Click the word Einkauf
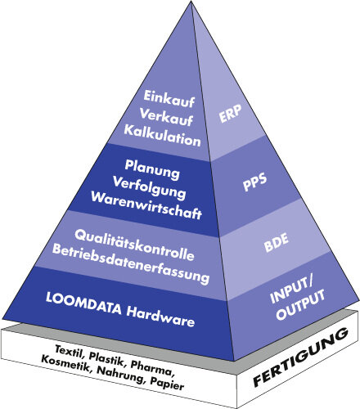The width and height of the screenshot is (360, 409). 169,99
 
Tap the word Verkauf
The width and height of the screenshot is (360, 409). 166,117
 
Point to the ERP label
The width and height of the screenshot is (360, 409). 231,114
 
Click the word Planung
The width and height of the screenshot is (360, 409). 152,169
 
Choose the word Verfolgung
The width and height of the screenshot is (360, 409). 150,187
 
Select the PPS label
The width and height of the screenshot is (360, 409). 254,182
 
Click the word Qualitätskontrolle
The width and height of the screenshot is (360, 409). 135,245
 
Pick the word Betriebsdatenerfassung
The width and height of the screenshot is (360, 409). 131,264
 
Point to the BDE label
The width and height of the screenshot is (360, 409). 277,242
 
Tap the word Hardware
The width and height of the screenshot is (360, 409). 160,317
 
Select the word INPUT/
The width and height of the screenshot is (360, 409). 290,290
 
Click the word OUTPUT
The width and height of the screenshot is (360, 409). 300,304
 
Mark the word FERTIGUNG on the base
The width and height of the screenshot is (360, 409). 300,357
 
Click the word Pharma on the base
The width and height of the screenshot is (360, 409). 151,368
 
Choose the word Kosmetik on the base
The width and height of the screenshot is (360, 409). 65,364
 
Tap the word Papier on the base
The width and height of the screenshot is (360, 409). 167,384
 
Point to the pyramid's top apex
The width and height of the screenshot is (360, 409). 191,1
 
